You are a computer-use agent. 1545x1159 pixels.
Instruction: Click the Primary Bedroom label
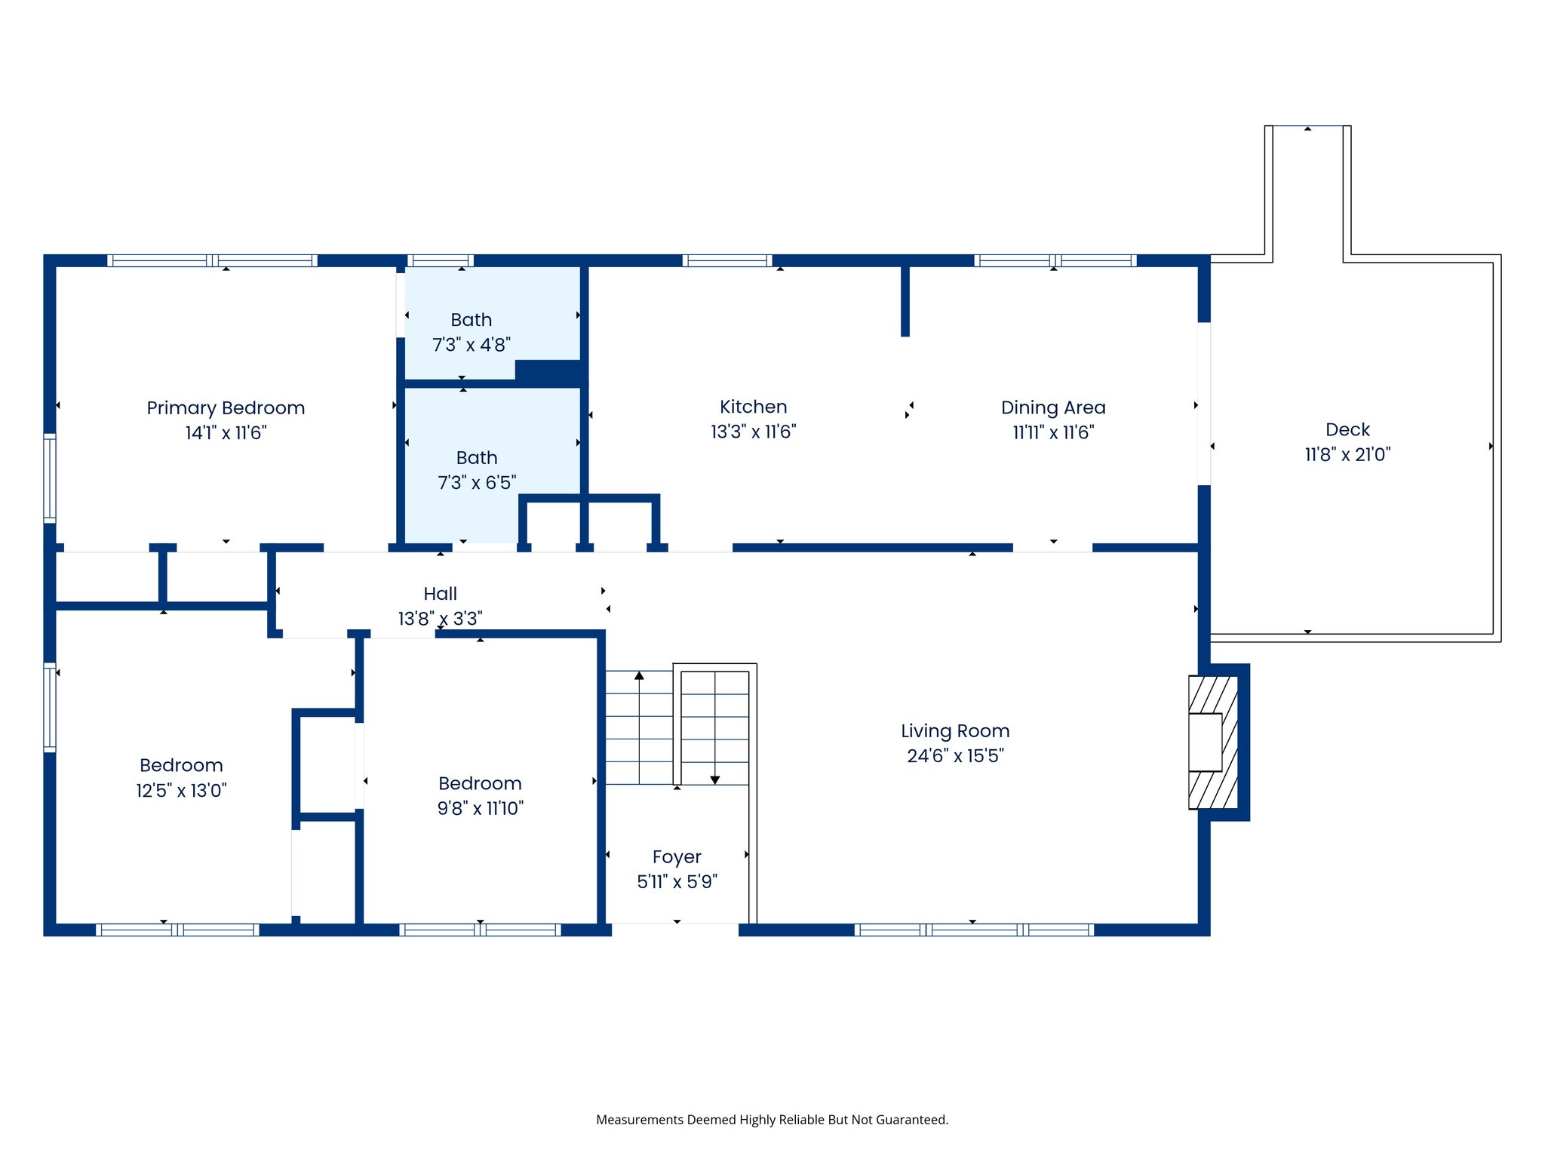(x=226, y=408)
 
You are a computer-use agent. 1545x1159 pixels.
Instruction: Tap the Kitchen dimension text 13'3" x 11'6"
(x=753, y=432)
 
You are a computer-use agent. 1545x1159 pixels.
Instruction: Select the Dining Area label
(x=1053, y=407)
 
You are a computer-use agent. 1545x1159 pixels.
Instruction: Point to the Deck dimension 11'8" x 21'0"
(x=1347, y=454)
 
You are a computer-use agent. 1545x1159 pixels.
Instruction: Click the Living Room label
(x=955, y=730)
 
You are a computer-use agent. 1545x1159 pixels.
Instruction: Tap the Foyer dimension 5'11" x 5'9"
(x=677, y=881)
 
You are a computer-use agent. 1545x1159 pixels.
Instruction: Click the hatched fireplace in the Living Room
(x=1212, y=742)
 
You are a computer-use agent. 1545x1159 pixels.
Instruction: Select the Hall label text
(x=440, y=594)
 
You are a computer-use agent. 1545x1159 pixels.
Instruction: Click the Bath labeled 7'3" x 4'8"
(x=471, y=332)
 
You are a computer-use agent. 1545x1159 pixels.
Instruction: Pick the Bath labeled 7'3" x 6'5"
(x=477, y=469)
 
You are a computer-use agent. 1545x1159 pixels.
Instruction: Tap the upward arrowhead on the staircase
(x=639, y=675)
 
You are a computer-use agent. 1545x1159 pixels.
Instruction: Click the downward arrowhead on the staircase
(x=714, y=780)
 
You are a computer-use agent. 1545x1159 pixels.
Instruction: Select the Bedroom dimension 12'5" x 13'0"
(x=181, y=790)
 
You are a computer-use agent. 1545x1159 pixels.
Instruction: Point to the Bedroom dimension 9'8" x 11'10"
(x=480, y=808)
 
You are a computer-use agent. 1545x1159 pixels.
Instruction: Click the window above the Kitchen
(x=727, y=261)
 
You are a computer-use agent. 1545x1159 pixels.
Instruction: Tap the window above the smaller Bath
(x=441, y=261)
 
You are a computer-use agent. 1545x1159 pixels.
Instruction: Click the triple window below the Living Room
(x=973, y=930)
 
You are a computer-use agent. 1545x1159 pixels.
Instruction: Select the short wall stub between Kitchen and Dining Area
(x=905, y=300)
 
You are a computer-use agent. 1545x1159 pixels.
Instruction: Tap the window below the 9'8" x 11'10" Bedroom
(x=480, y=930)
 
